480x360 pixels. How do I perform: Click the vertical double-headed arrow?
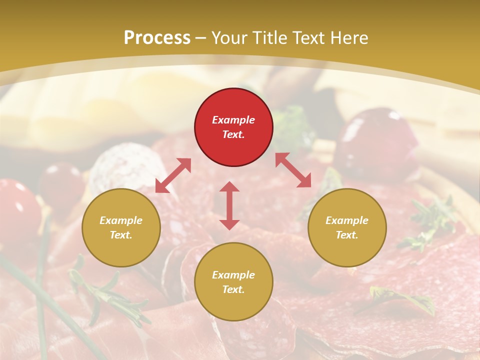(229, 205)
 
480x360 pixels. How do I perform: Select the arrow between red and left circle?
(173, 175)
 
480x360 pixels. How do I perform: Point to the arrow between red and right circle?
(293, 170)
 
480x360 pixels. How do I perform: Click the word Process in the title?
(157, 37)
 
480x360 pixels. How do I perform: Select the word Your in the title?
(228, 37)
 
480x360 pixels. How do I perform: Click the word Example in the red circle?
(233, 120)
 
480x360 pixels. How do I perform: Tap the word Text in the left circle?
(120, 235)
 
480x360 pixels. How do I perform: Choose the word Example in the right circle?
(347, 220)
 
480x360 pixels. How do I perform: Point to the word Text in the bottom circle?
(233, 289)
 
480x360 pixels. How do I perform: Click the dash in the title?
(200, 37)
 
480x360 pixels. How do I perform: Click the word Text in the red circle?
(233, 134)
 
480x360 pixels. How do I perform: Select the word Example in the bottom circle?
(233, 275)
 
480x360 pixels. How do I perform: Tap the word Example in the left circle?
(121, 220)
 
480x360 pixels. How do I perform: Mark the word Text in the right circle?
(346, 235)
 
